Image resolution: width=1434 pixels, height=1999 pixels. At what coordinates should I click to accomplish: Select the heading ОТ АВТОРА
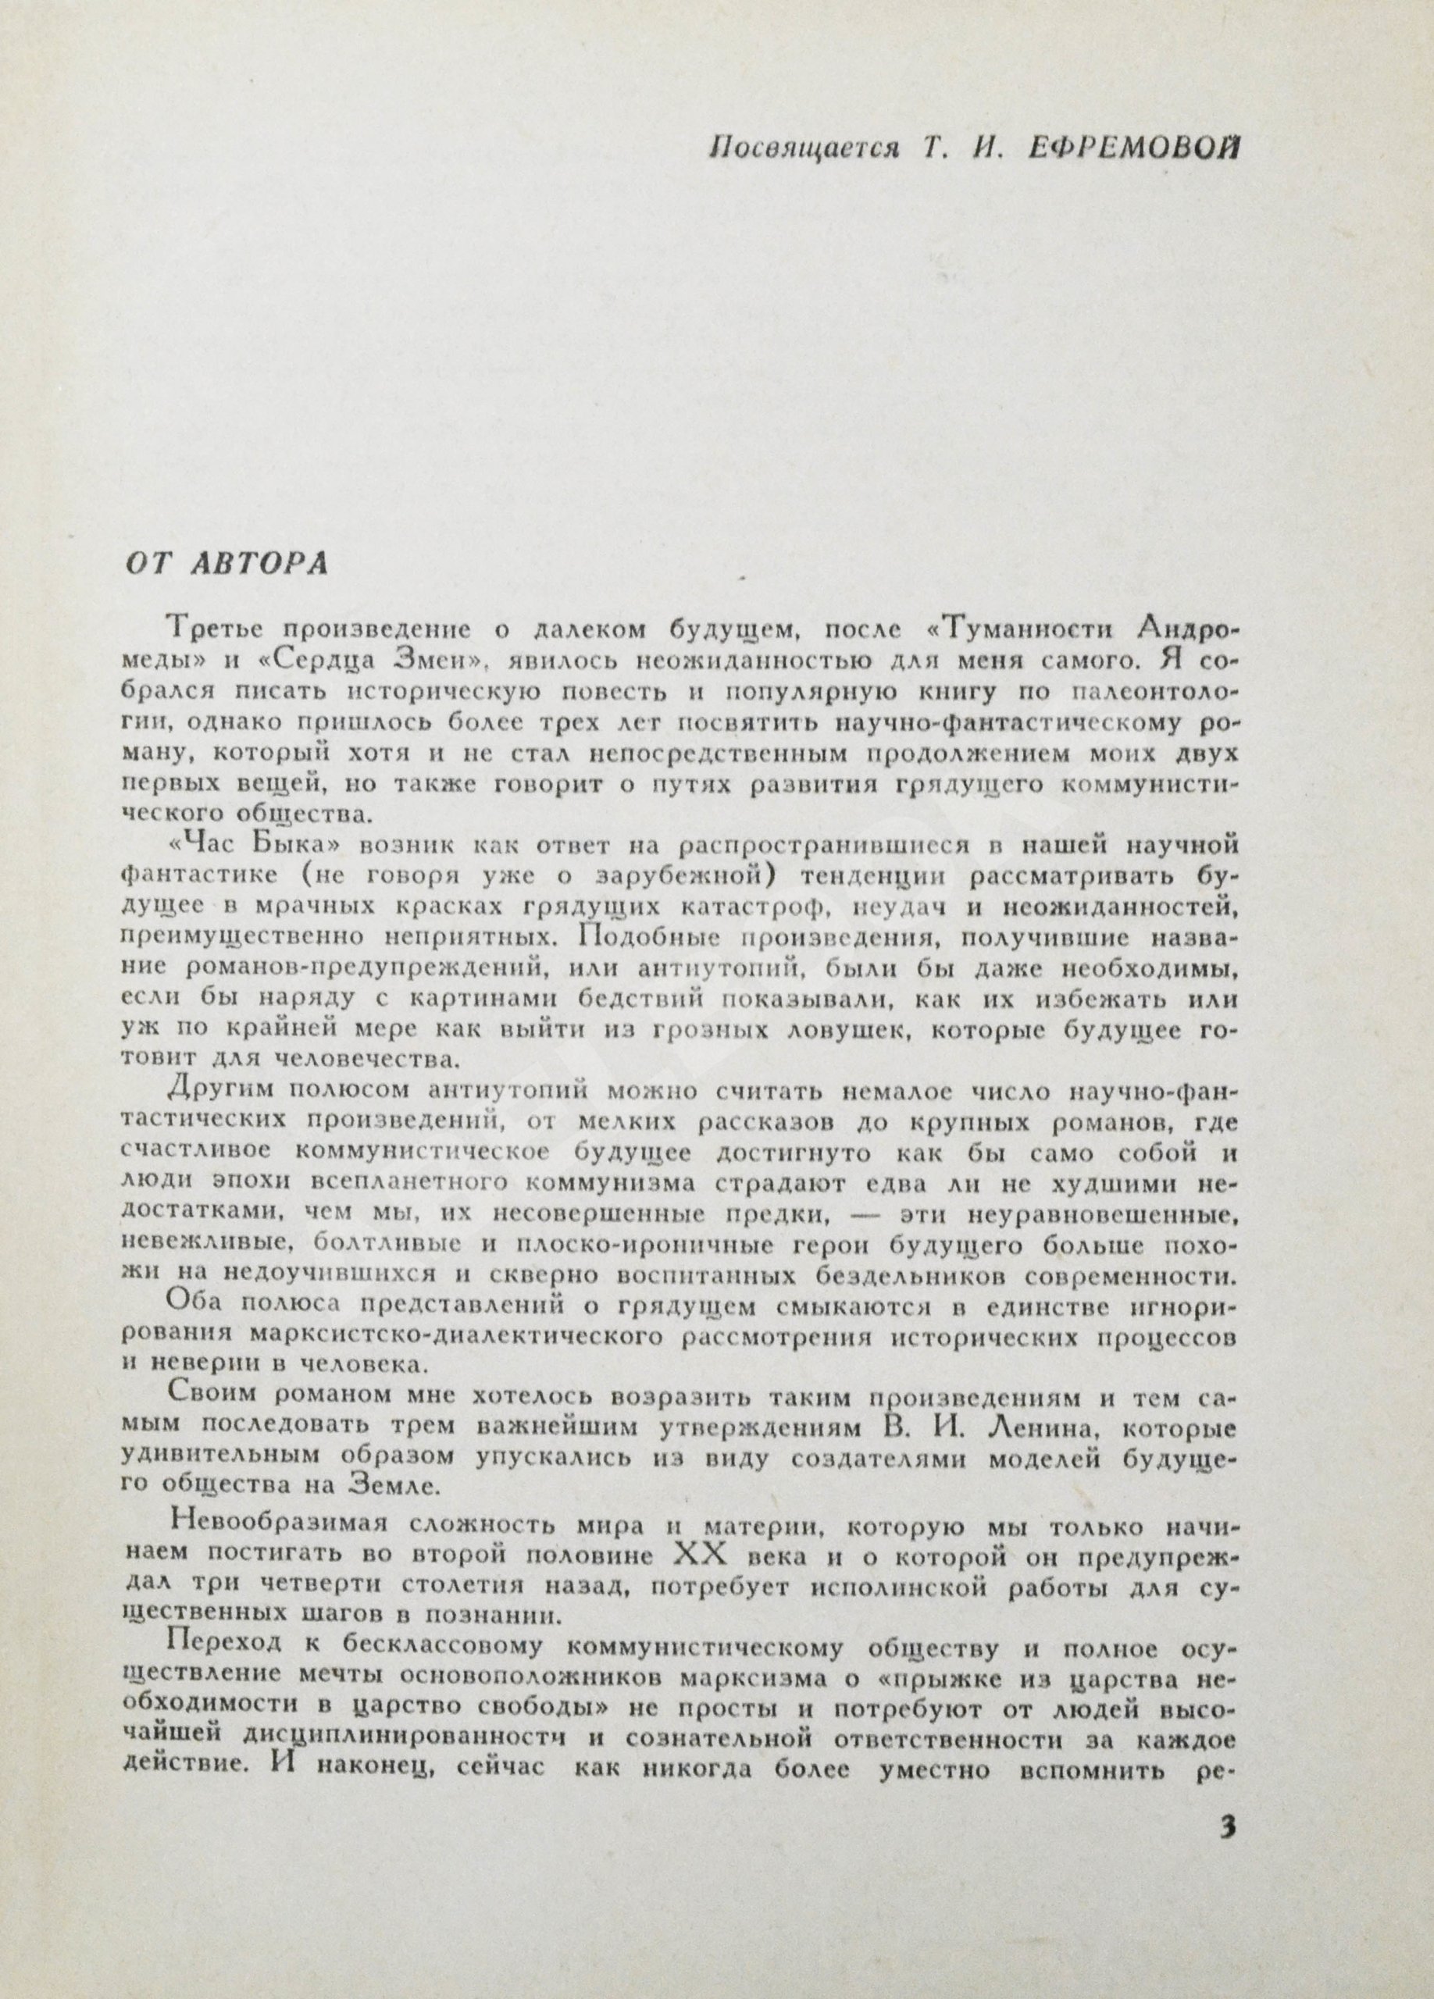point(225,564)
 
